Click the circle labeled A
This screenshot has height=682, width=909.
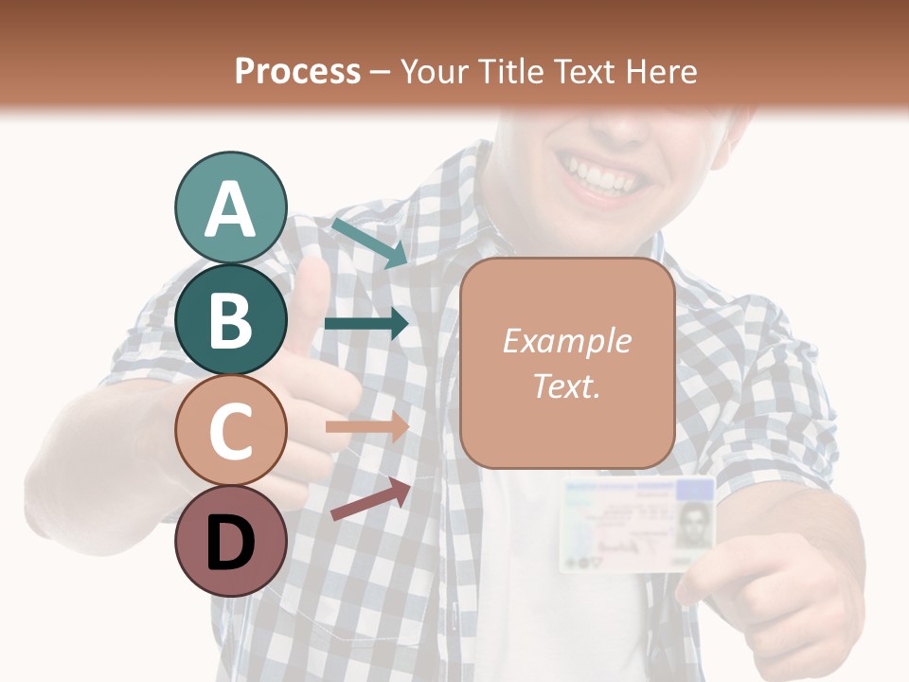point(230,207)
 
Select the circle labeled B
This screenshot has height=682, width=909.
point(230,319)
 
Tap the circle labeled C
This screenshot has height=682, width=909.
point(230,430)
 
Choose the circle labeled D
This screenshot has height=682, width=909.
point(230,541)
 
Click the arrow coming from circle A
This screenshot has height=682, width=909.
point(369,242)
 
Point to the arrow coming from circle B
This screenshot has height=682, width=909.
point(366,324)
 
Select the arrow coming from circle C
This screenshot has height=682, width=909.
point(366,427)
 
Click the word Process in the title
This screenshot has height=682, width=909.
point(297,71)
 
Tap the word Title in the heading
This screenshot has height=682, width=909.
point(512,71)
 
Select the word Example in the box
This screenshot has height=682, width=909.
point(567,341)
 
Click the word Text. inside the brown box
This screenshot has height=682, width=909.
point(567,386)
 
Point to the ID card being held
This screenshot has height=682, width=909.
point(636,524)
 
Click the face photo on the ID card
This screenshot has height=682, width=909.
point(694,522)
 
